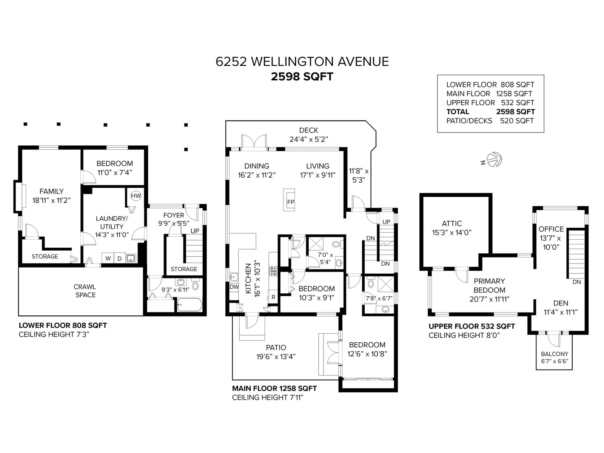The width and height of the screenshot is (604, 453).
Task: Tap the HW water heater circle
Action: (x=136, y=196)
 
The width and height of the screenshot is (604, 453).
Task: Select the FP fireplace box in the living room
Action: (x=289, y=200)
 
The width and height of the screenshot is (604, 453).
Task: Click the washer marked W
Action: (x=108, y=258)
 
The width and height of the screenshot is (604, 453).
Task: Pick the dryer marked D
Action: (x=120, y=258)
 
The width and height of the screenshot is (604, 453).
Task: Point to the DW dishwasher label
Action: (x=234, y=287)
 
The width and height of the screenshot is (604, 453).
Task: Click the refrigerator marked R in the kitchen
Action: (x=273, y=297)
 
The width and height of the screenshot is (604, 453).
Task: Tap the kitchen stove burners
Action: (x=273, y=271)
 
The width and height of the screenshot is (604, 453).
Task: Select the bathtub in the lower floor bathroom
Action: (x=190, y=305)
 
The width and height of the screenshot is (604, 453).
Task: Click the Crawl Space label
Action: (x=85, y=291)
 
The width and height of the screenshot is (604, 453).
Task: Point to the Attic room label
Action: (x=451, y=223)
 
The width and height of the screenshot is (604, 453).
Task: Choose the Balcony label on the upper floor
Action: (x=555, y=354)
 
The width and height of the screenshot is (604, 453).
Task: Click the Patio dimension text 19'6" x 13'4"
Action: (x=276, y=357)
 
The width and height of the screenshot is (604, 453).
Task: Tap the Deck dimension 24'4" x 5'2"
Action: (x=309, y=139)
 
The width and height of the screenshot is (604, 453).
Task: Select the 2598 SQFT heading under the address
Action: (x=302, y=77)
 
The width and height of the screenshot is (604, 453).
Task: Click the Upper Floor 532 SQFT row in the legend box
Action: (x=490, y=103)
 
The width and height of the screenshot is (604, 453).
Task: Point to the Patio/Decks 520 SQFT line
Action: (x=490, y=121)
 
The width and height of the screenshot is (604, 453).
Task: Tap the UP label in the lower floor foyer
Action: (x=195, y=231)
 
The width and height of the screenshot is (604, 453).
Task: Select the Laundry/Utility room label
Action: (x=112, y=226)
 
